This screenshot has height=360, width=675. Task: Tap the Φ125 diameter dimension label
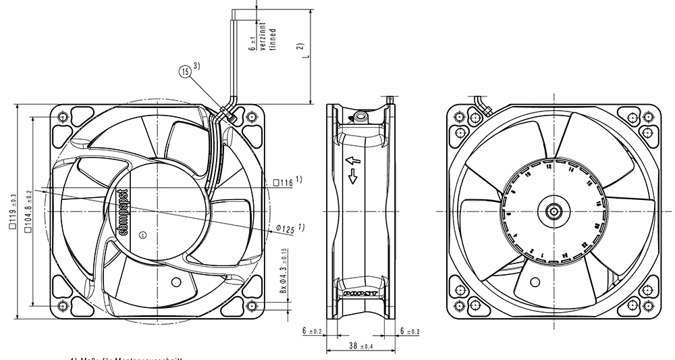(x=286, y=230)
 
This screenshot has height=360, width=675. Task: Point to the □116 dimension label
(x=283, y=182)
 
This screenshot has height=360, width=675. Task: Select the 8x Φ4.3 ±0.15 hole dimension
(x=283, y=271)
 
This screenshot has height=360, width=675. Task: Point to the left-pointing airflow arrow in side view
(x=350, y=161)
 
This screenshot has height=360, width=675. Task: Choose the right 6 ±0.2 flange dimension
(x=410, y=331)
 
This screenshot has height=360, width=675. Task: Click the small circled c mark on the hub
(x=142, y=235)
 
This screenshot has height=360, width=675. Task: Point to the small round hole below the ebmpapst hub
(x=177, y=282)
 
